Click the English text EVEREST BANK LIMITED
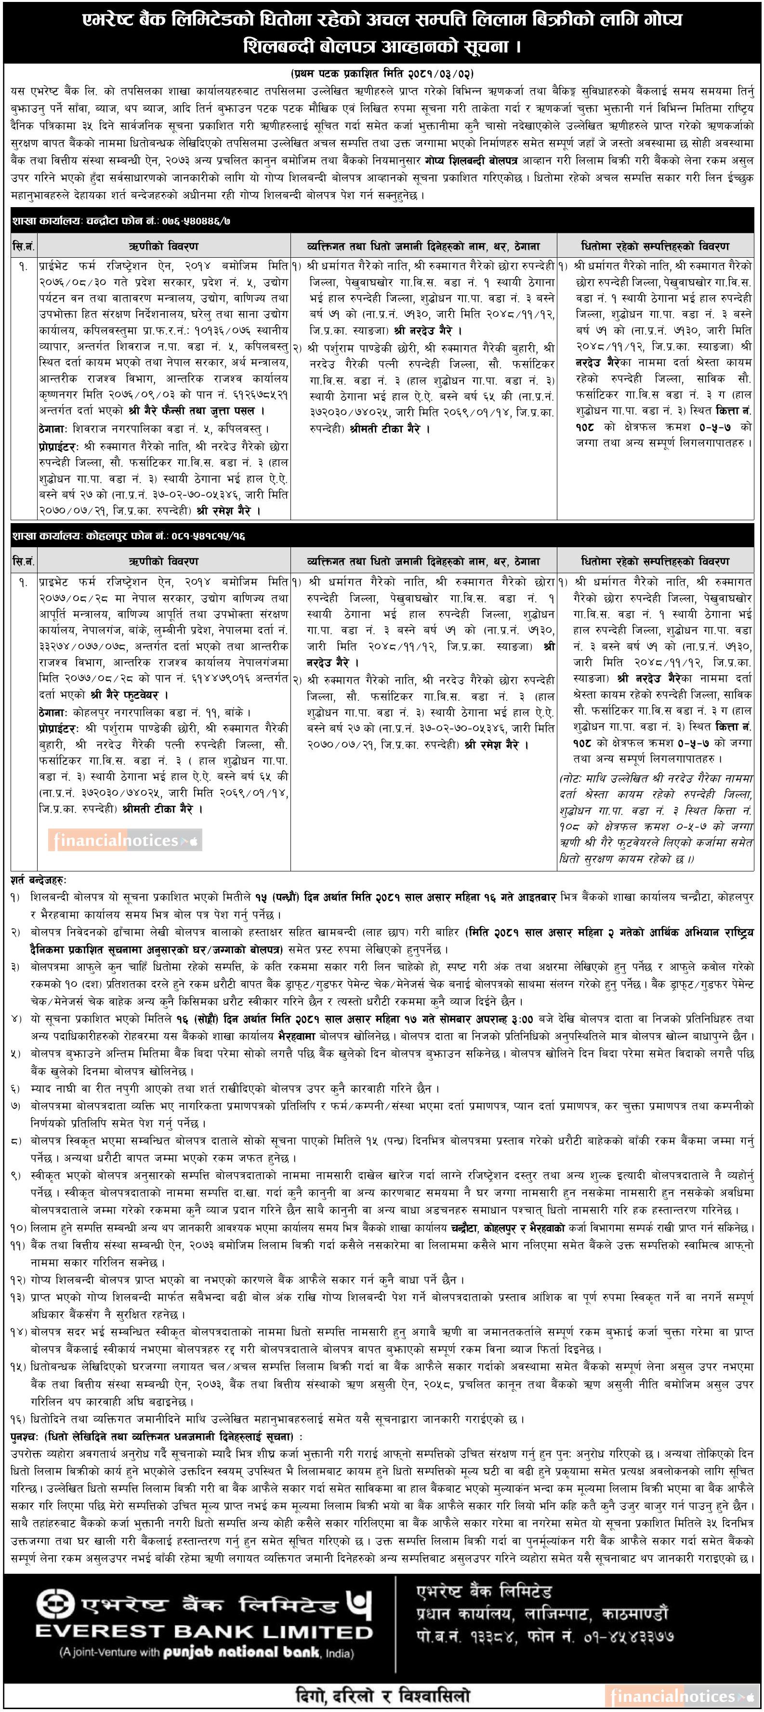(x=204, y=1631)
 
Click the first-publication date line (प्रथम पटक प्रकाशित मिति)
(x=382, y=73)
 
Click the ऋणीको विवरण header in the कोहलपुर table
(x=163, y=561)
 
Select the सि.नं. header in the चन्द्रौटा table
(x=23, y=246)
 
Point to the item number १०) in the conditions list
(x=17, y=1227)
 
